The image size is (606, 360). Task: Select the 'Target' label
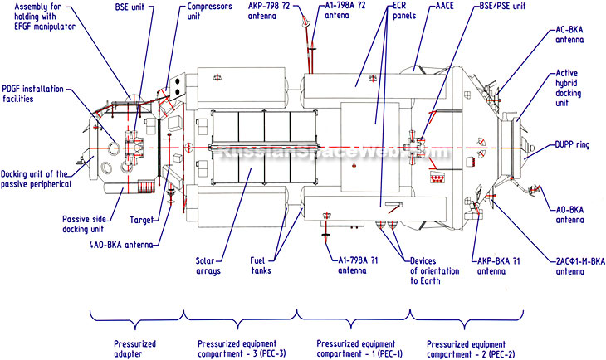coord(142,221)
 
